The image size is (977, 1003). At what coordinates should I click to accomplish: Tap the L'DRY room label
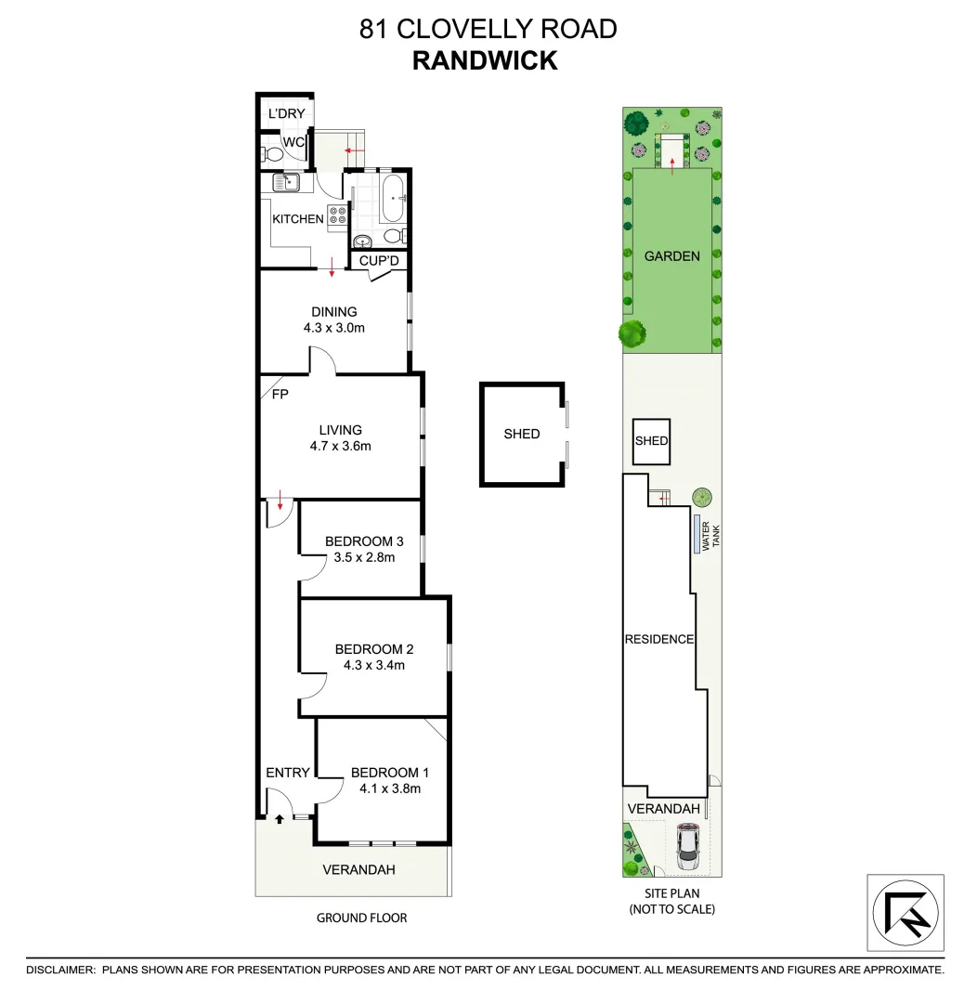point(286,114)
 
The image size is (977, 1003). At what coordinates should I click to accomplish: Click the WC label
point(293,142)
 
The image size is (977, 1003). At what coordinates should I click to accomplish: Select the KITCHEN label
point(297,219)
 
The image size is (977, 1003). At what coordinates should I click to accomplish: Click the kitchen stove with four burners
point(336,219)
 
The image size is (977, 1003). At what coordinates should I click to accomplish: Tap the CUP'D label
point(379,261)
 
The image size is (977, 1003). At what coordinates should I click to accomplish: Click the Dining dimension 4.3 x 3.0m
point(333,328)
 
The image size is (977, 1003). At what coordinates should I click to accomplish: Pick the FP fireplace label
point(280,394)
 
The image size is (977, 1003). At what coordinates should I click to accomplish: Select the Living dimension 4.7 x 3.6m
point(340,446)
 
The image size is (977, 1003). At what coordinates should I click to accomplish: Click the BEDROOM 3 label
point(364,542)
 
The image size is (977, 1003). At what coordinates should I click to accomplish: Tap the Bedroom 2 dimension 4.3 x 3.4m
point(370,665)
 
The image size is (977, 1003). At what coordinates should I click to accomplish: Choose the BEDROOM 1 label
point(390,773)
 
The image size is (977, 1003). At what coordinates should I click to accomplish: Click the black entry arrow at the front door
point(279,819)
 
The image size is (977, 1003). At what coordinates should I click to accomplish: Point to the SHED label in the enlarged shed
point(521,434)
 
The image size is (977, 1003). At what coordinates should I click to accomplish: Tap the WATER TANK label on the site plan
point(710,537)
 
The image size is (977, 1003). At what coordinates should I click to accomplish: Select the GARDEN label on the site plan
point(672,256)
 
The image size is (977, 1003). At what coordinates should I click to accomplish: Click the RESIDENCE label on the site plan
point(658,639)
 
